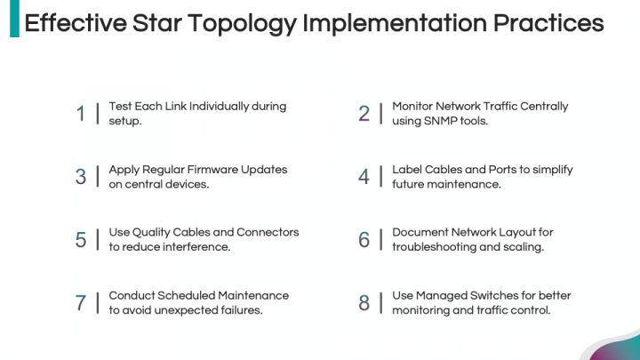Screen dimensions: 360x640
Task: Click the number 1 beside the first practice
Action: pos(81,114)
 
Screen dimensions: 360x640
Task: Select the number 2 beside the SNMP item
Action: pos(364,114)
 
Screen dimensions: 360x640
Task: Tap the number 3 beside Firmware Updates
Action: pos(81,177)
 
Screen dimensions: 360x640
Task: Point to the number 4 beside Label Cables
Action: pos(364,177)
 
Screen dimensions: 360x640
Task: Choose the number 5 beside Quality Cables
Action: pos(81,240)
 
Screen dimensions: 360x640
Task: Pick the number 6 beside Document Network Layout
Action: pos(364,240)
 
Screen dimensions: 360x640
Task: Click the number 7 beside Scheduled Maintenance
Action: pos(81,303)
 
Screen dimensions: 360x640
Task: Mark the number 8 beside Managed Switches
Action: pos(364,303)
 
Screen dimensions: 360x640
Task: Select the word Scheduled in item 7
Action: pos(188,295)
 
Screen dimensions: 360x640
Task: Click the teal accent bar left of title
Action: pos(14,20)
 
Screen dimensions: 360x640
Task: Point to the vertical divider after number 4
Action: pos(380,177)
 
